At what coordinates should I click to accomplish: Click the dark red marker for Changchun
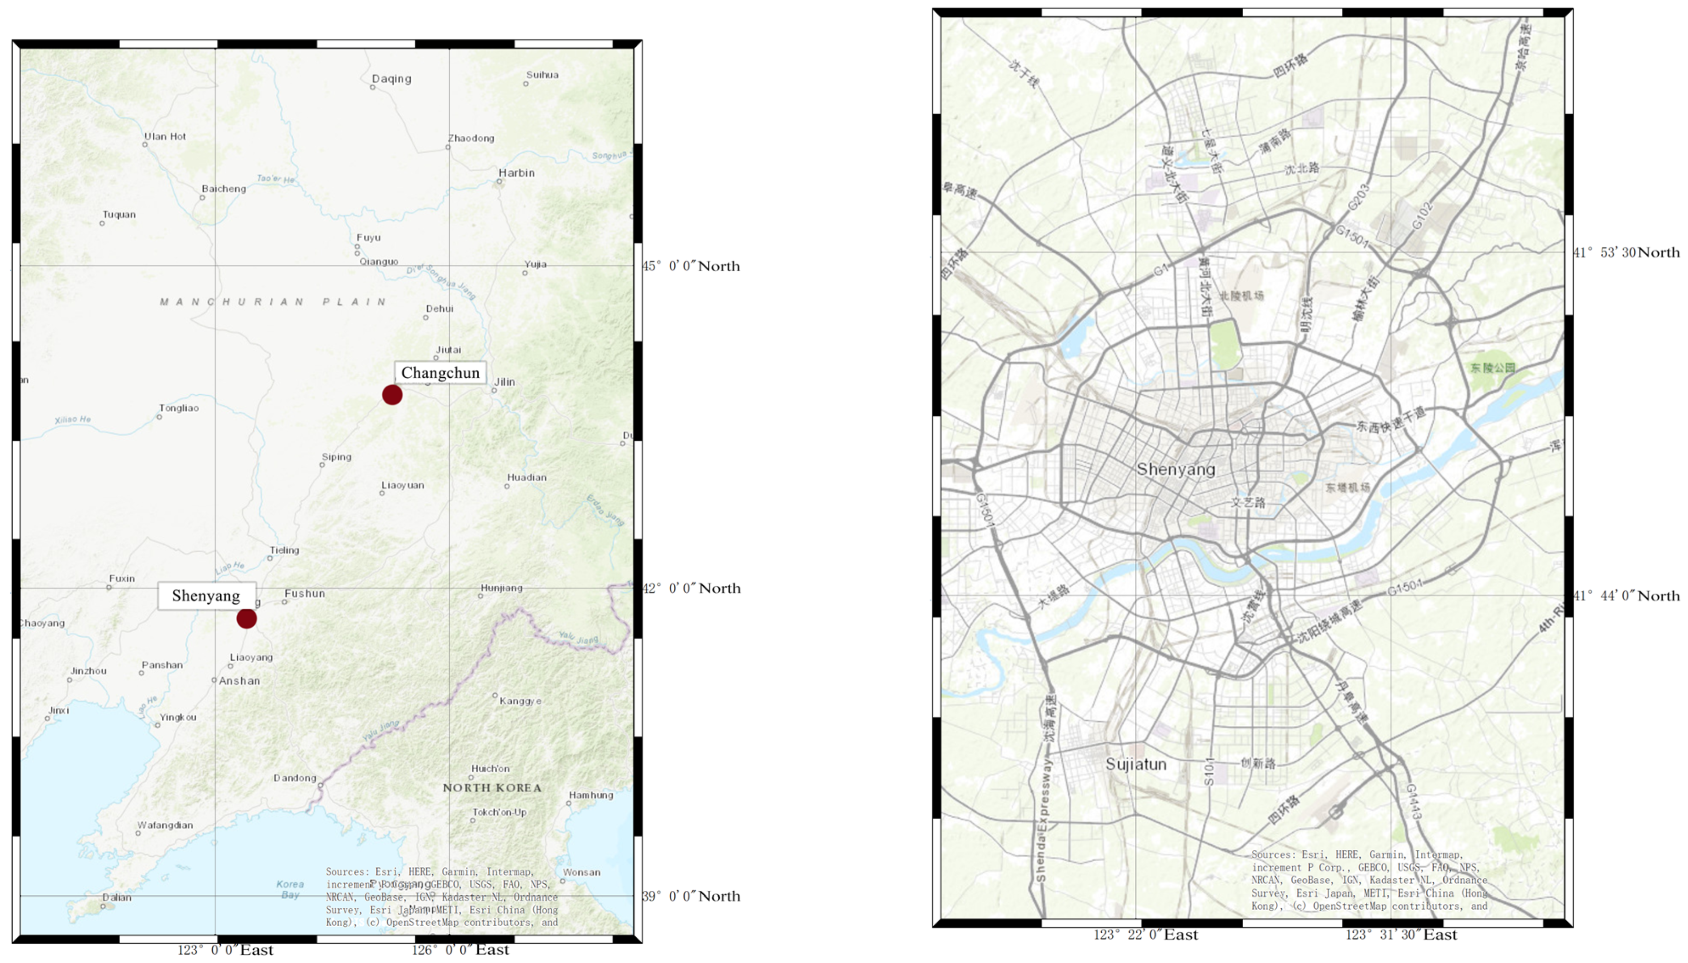coord(392,395)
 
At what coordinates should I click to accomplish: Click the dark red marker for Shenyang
coord(246,618)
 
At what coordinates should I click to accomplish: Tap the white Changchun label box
coord(441,373)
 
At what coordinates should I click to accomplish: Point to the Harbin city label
coord(516,173)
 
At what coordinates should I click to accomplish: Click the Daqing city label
coord(391,79)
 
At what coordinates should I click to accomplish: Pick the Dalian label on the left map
coord(116,897)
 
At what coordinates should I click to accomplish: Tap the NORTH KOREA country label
coord(492,788)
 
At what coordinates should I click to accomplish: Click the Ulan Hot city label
coord(166,136)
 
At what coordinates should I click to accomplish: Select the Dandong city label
coord(295,778)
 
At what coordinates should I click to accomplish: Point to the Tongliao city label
coord(179,408)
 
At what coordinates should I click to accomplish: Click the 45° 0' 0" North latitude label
coord(690,266)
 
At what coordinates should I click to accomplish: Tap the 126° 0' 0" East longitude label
coord(460,950)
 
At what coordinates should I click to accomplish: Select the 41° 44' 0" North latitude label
coord(1626,596)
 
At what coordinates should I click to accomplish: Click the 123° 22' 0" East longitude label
coord(1146,935)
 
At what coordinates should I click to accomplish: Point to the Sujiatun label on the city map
coord(1136,764)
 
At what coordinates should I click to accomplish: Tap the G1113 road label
coord(1413,802)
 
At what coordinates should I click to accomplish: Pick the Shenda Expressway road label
coord(1042,820)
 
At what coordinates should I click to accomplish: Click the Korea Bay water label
coord(290,889)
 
